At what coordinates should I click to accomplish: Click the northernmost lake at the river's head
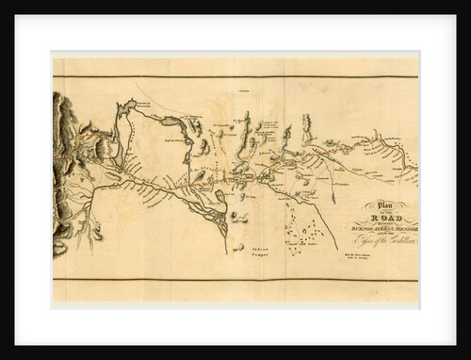pyautogui.click(x=126, y=106)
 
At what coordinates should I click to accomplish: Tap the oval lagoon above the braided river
pyautogui.click(x=219, y=196)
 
